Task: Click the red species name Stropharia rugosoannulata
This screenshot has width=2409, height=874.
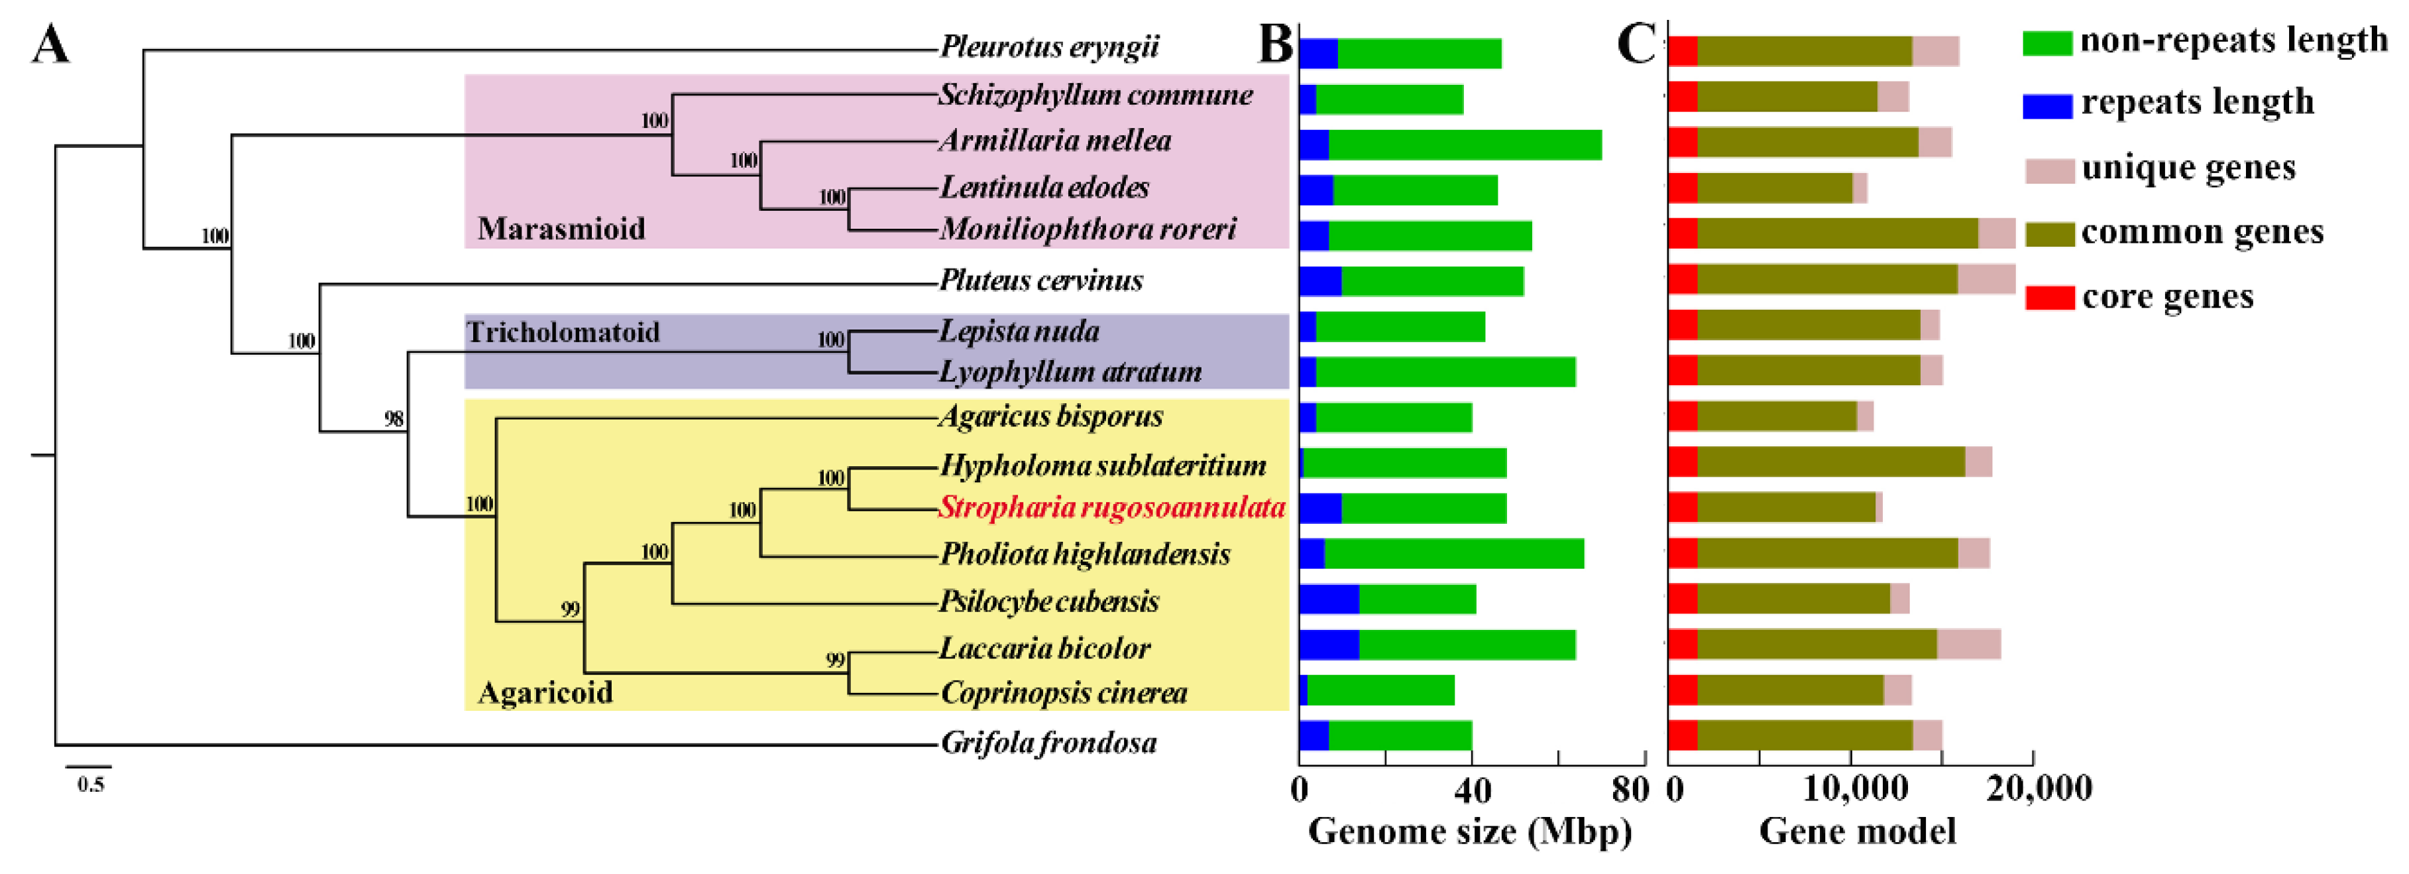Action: click(x=1111, y=508)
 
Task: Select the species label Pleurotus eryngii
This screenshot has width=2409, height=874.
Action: click(x=1048, y=47)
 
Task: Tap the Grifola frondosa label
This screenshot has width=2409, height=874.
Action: click(x=1048, y=743)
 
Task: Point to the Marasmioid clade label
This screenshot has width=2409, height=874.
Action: click(x=561, y=229)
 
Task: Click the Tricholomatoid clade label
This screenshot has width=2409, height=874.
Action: click(x=563, y=332)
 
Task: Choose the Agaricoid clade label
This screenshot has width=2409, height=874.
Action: click(x=545, y=692)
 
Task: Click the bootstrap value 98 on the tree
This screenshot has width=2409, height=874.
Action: click(x=394, y=418)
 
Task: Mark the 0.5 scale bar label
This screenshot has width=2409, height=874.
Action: click(x=91, y=784)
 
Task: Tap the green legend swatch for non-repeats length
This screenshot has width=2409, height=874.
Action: click(x=2046, y=43)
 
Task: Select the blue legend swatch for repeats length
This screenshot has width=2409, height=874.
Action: click(x=2046, y=105)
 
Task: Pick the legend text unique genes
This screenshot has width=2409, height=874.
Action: click(x=2188, y=168)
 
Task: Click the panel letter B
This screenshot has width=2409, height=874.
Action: click(x=1276, y=43)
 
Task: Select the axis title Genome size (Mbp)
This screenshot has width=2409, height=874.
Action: click(x=1469, y=831)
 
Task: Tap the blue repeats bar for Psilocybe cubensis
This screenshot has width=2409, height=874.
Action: click(x=1329, y=600)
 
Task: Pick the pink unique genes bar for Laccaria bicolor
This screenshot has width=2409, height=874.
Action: click(x=1968, y=645)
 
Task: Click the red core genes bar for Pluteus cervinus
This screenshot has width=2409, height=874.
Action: click(x=1683, y=280)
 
